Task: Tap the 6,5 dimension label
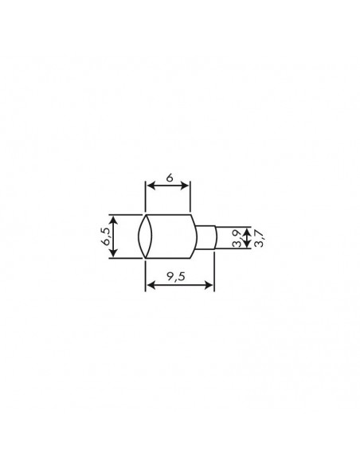106,236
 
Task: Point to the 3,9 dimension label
237,237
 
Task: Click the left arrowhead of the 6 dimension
149,186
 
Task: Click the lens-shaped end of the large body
145,236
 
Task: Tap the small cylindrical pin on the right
205,237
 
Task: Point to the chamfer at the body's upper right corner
194,217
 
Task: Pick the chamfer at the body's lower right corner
194,255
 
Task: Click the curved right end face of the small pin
215,237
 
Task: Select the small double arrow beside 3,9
247,237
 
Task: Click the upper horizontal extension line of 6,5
126,214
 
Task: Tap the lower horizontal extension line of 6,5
126,257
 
